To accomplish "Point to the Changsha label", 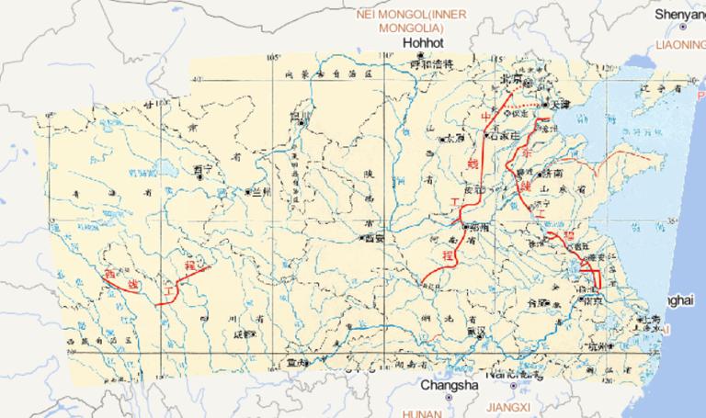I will pos(450,386).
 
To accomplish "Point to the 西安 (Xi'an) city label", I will pos(372,239).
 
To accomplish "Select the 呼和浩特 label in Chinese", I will pos(432,64).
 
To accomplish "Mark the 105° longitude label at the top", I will pos(273,58).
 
